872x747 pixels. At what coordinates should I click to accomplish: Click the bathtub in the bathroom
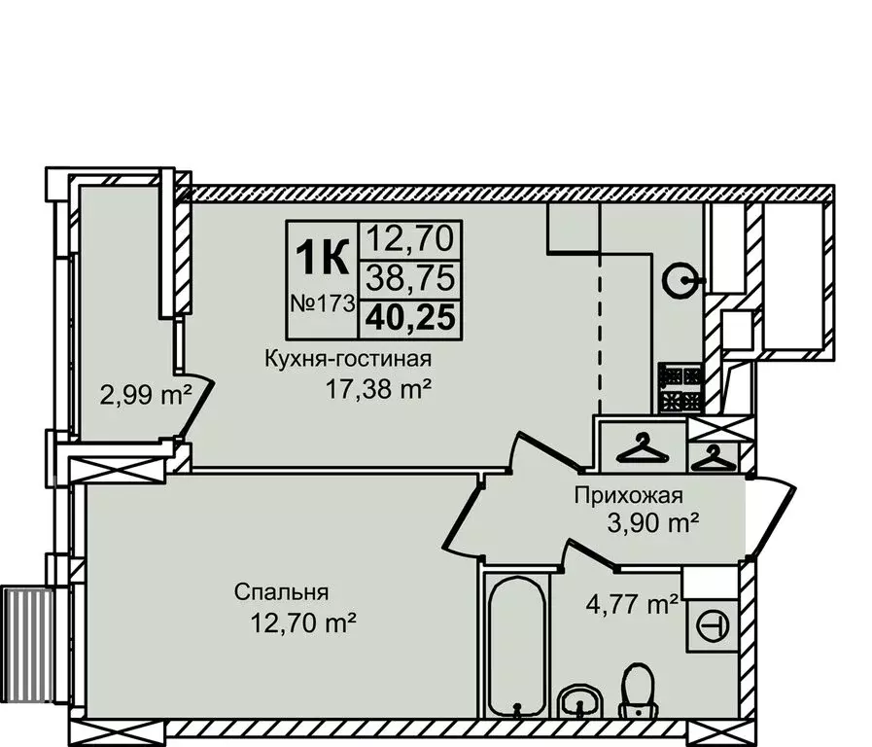[508, 647]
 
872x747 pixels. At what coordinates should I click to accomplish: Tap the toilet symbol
[637, 690]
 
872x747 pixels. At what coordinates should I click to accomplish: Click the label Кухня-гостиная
[347, 359]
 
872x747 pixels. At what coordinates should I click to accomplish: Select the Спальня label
[281, 591]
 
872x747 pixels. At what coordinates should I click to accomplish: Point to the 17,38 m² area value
[378, 390]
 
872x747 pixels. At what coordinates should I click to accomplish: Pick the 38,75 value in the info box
[409, 279]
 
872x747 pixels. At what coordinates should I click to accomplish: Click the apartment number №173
[321, 302]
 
